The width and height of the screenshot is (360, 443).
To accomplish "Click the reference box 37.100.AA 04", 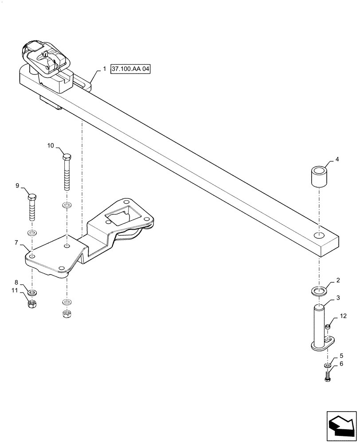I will (x=131, y=70).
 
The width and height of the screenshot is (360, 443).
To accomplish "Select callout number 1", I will (x=104, y=70).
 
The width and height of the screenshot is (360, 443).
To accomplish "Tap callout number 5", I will (x=340, y=356).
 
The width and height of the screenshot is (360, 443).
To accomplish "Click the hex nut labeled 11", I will (x=32, y=304).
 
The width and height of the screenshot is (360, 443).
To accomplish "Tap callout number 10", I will (x=51, y=145).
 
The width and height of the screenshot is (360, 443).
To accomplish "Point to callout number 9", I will (x=18, y=186).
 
